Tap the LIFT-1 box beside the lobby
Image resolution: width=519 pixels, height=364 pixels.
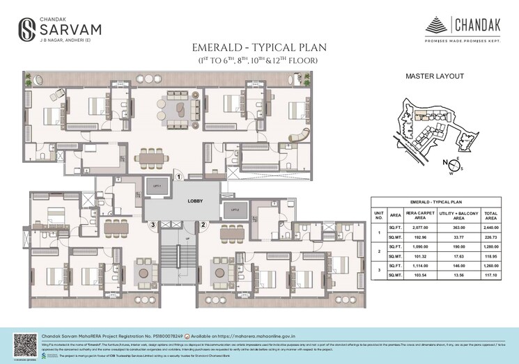[157, 187]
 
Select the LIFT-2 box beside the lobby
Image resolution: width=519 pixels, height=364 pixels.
[235, 209]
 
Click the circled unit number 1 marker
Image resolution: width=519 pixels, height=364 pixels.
[178, 177]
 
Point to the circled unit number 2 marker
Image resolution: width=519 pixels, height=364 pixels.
[203, 224]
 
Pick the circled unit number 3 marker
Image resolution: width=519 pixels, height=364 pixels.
[152, 224]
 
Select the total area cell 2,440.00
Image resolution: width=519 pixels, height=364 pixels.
[491, 227]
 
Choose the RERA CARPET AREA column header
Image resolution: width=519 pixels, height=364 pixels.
[418, 214]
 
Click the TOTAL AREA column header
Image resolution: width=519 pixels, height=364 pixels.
[491, 214]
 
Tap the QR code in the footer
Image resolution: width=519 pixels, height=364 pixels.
[24, 344]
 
